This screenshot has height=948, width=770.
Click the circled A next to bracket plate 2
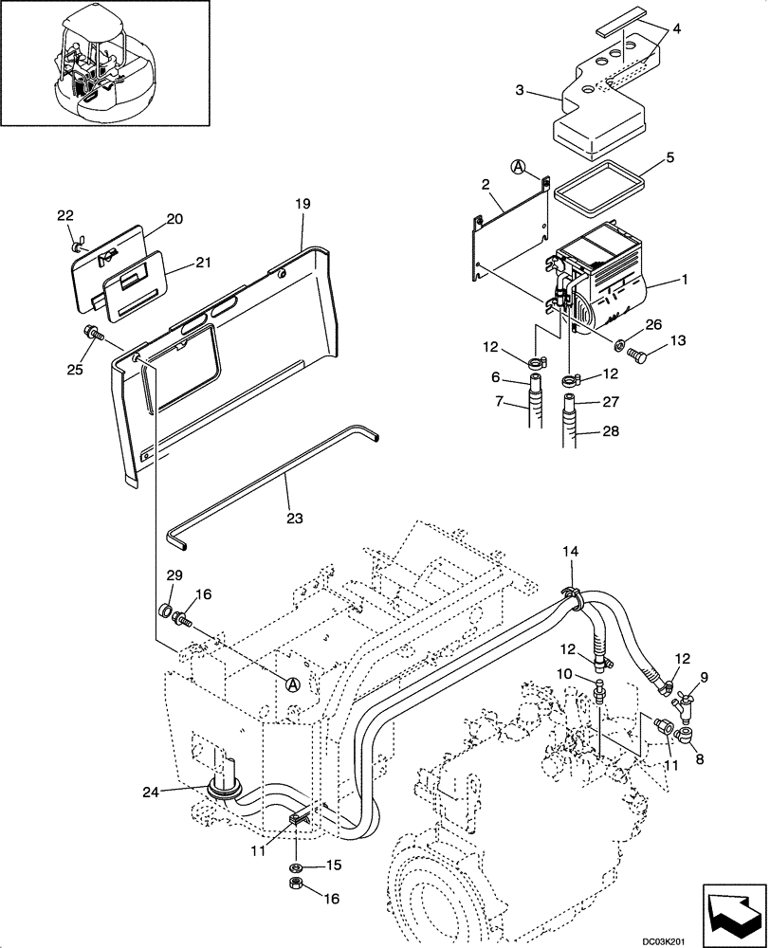(519, 167)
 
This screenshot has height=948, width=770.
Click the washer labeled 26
(617, 342)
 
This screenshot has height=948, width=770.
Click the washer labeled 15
(296, 866)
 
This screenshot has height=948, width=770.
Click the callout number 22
(64, 216)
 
